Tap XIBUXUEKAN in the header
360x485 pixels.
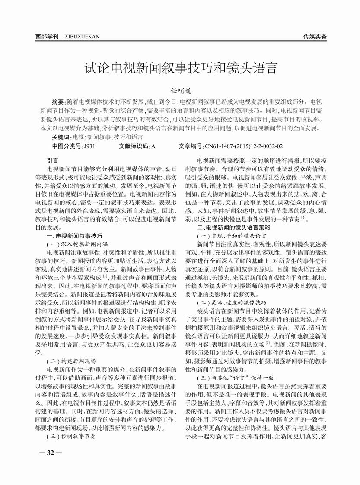[x=82, y=36]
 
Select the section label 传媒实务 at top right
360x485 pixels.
[x=315, y=36]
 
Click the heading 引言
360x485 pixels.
[x=52, y=159]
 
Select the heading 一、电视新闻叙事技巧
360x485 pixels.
[x=74, y=236]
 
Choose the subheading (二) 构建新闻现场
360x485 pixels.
[x=71, y=360]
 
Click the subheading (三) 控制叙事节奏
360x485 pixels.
[x=71, y=436]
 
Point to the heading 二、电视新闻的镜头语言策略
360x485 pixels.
[x=233, y=227]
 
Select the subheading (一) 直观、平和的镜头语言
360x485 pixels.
[x=231, y=236]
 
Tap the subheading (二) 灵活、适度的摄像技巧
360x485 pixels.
[x=231, y=302]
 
